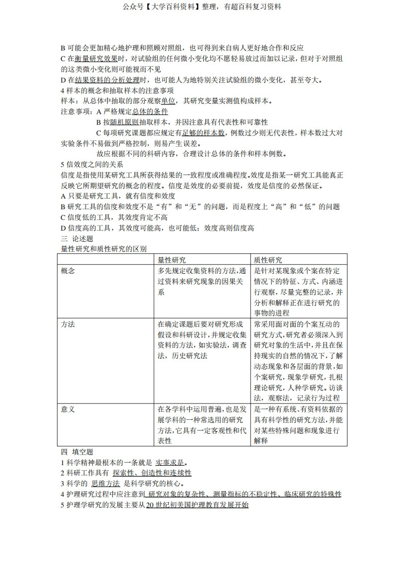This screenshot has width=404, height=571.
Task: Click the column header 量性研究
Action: click(172, 260)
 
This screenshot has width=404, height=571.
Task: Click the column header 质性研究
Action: click(268, 260)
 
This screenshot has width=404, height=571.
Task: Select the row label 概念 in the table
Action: click(68, 271)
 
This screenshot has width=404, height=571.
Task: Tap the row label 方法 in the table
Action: click(68, 324)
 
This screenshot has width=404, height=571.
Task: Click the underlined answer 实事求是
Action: click(170, 463)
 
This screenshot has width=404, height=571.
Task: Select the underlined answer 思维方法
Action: click(105, 483)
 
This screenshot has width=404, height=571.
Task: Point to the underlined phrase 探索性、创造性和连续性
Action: click(152, 473)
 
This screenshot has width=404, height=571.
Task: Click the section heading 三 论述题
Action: click(77, 238)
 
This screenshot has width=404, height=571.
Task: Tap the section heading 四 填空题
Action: click(77, 452)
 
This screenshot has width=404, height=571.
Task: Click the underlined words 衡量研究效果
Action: click(96, 59)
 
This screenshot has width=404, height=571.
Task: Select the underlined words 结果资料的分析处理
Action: click(107, 80)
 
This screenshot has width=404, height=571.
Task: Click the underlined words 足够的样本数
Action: click(203, 133)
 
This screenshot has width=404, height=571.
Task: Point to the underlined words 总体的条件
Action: click(150, 111)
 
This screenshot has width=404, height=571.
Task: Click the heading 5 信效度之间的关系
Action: click(92, 164)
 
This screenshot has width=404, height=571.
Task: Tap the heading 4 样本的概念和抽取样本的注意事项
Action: click(113, 91)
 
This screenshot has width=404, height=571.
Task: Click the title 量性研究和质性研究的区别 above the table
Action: click(104, 249)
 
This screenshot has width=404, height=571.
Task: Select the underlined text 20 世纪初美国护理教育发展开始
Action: click(197, 505)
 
